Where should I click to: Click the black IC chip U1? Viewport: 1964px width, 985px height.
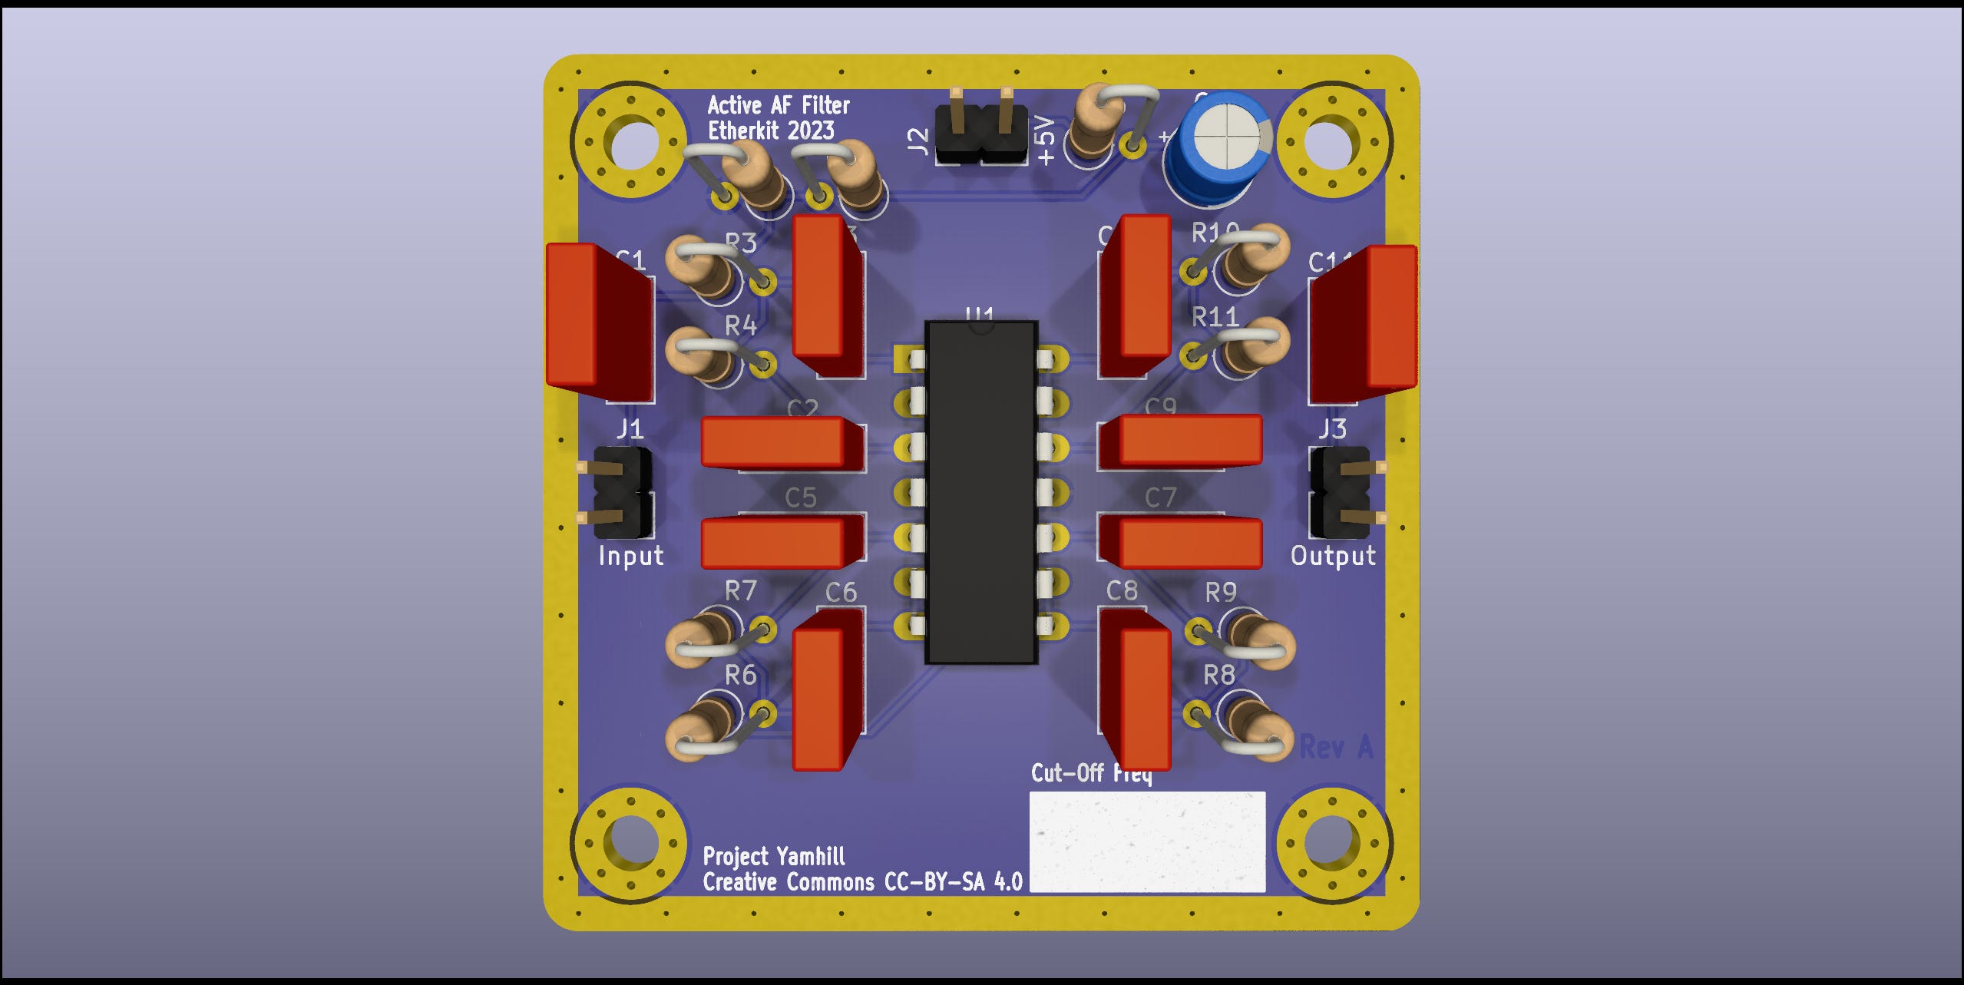981,491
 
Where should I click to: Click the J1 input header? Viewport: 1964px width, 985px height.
622,492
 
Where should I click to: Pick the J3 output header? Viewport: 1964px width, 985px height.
1340,492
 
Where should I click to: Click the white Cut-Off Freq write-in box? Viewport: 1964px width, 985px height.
1146,842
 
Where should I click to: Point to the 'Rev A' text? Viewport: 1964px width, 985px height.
1335,746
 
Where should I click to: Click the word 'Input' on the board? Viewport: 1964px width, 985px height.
630,556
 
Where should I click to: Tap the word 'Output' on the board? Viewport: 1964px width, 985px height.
1333,556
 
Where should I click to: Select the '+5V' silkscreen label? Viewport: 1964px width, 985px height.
1045,140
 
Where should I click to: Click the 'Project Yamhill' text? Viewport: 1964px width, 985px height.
773,856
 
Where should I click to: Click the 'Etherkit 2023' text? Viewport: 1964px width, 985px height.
770,131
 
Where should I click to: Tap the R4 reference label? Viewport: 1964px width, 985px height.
740,326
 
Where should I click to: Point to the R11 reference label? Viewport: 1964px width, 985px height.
1215,316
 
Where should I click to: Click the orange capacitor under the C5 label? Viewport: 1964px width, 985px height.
781,542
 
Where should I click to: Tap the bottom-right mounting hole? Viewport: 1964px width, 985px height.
1332,842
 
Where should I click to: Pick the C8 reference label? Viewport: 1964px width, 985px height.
1122,590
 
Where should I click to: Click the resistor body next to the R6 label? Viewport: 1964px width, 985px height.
703,729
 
